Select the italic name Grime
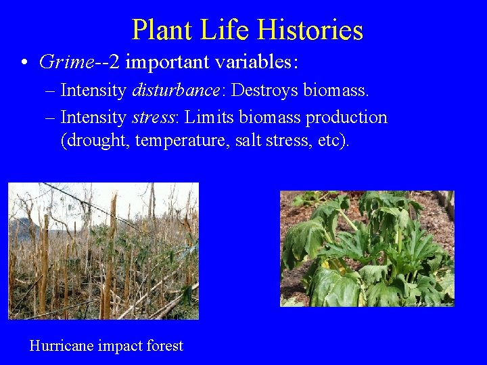pyautogui.click(x=66, y=62)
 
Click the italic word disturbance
pyautogui.click(x=178, y=90)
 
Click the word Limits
pyautogui.click(x=206, y=118)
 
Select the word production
pyautogui.click(x=346, y=118)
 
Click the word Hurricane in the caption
pyautogui.click(x=62, y=346)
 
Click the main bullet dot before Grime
pyautogui.click(x=24, y=63)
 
